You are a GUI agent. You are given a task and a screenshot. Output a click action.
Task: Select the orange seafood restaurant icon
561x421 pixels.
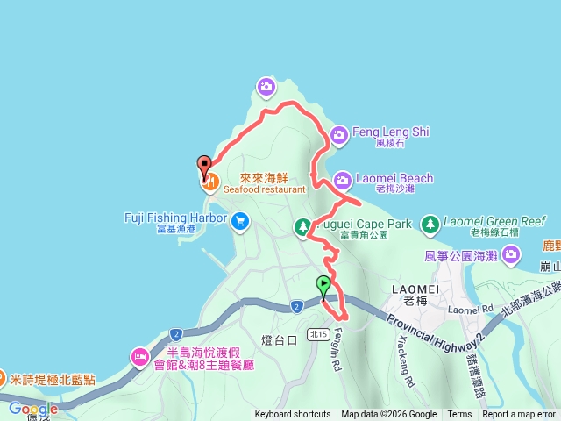coord(210,182)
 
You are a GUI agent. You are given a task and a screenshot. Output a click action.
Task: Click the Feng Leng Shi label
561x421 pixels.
coord(390,132)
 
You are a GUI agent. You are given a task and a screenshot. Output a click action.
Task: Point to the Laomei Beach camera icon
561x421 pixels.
coord(342,179)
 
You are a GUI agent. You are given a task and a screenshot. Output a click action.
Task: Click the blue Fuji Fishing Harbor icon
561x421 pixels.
coord(239,223)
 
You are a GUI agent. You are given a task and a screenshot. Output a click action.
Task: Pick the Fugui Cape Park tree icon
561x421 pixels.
coord(302,228)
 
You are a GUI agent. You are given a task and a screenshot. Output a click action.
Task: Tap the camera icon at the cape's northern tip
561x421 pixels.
coord(266,86)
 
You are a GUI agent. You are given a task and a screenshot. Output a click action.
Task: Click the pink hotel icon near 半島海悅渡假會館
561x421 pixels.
coord(139,357)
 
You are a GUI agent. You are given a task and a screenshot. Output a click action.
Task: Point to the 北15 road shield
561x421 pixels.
coord(319,333)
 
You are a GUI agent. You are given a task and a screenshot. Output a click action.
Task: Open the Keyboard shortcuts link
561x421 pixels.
coord(293,415)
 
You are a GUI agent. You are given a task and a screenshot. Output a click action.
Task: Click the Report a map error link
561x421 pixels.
coord(520,415)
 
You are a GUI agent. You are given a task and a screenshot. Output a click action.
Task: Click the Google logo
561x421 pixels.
coord(33,409)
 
